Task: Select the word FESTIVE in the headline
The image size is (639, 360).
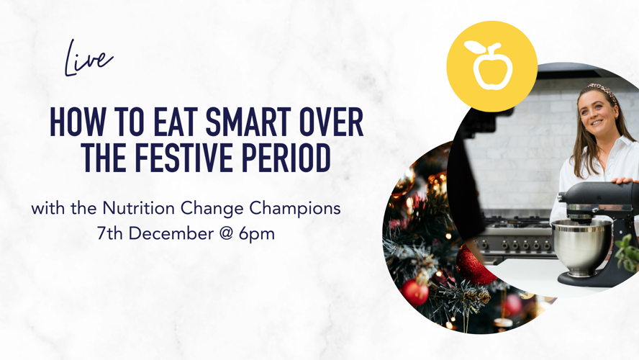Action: pos(186,158)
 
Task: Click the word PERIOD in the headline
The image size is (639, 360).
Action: pos(286,158)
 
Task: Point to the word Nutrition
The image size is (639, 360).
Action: pos(139,208)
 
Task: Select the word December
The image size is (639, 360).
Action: pos(171,233)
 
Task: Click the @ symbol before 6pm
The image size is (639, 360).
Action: pos(226,234)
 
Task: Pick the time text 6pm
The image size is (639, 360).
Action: pos(257,235)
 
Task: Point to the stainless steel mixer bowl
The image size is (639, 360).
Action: pos(581,246)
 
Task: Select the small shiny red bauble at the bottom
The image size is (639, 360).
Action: pos(414,292)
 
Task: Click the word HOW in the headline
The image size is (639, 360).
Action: pos(76,122)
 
